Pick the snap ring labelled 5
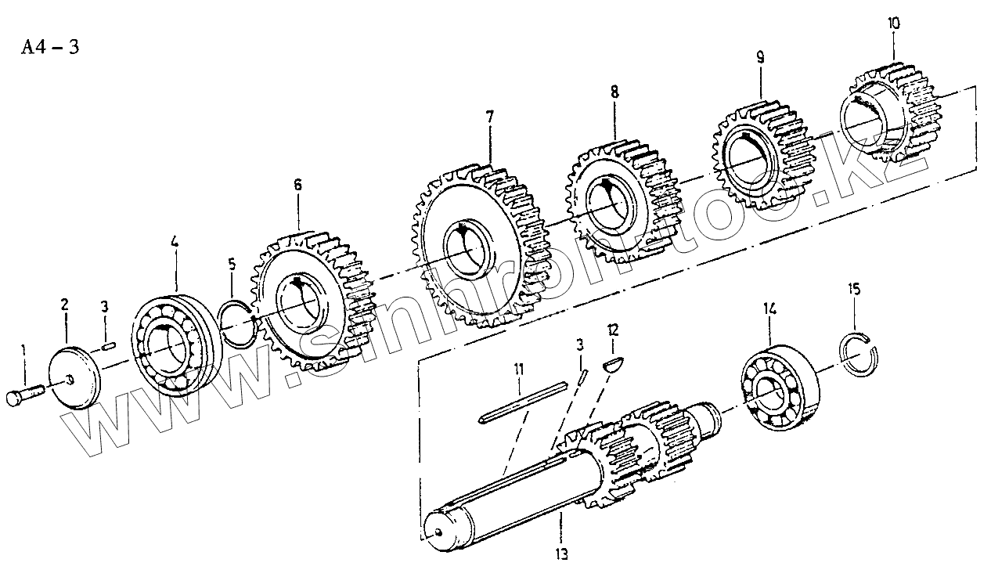[x=236, y=321]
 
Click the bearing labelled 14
[x=778, y=384]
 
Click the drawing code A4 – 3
[x=50, y=48]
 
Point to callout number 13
[x=562, y=554]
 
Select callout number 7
[x=489, y=117]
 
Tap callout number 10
[x=893, y=23]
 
